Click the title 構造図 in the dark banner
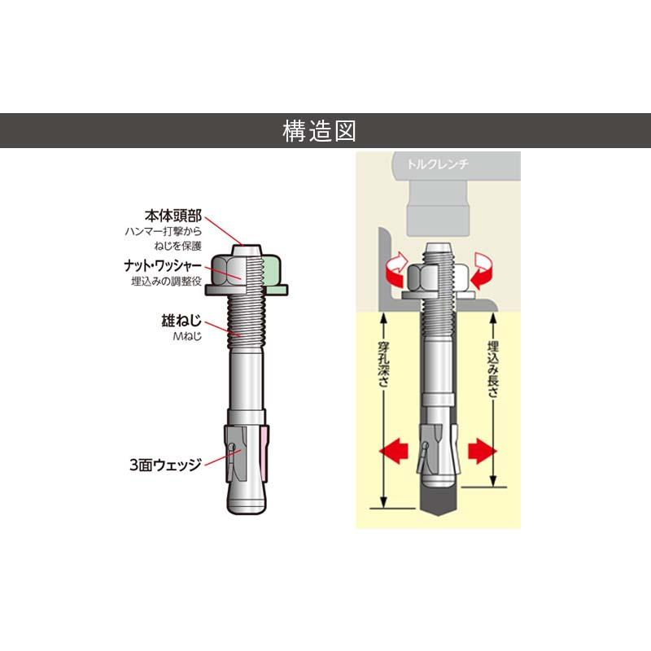pos(319,131)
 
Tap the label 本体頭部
pos(173,216)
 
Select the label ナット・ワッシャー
pos(163,266)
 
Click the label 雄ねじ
pos(181,321)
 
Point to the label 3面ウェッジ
pos(166,465)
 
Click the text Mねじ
pos(187,336)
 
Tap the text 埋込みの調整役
pos(167,281)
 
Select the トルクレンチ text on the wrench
pos(438,164)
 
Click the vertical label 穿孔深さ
pos(382,364)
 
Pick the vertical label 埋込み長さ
pos(493,369)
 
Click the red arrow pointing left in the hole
pos(394,451)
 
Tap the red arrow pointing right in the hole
pos(483,451)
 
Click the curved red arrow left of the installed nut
pos(395,271)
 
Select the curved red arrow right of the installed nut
pos(482,271)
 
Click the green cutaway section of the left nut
pos(274,274)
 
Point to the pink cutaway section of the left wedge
pos(265,453)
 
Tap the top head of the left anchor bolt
pos(247,251)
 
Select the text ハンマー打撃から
pos(164,231)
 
